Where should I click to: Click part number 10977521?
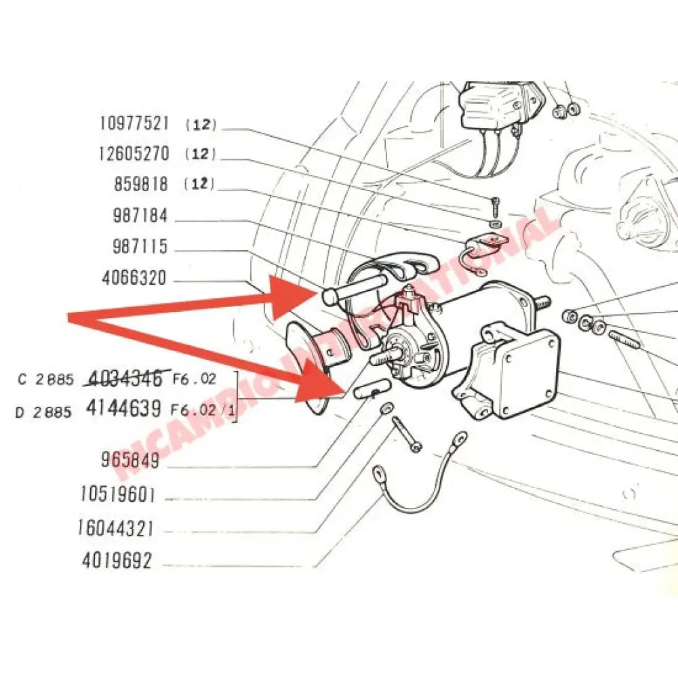click(134, 123)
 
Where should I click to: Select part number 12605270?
click(134, 154)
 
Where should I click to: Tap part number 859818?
click(141, 184)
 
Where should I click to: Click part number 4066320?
click(134, 279)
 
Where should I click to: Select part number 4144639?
click(124, 408)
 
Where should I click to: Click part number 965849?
click(130, 461)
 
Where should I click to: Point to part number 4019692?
click(117, 561)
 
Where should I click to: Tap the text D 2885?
click(43, 411)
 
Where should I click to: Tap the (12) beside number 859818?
click(199, 184)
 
